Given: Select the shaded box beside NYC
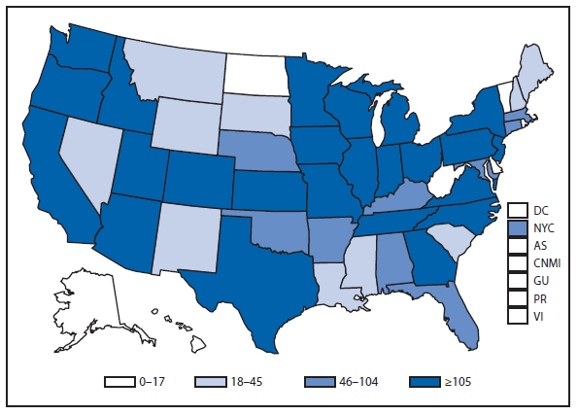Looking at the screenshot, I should pyautogui.click(x=517, y=228).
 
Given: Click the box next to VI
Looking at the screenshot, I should pyautogui.click(x=517, y=316).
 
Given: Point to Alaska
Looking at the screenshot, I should pyautogui.click(x=87, y=301).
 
